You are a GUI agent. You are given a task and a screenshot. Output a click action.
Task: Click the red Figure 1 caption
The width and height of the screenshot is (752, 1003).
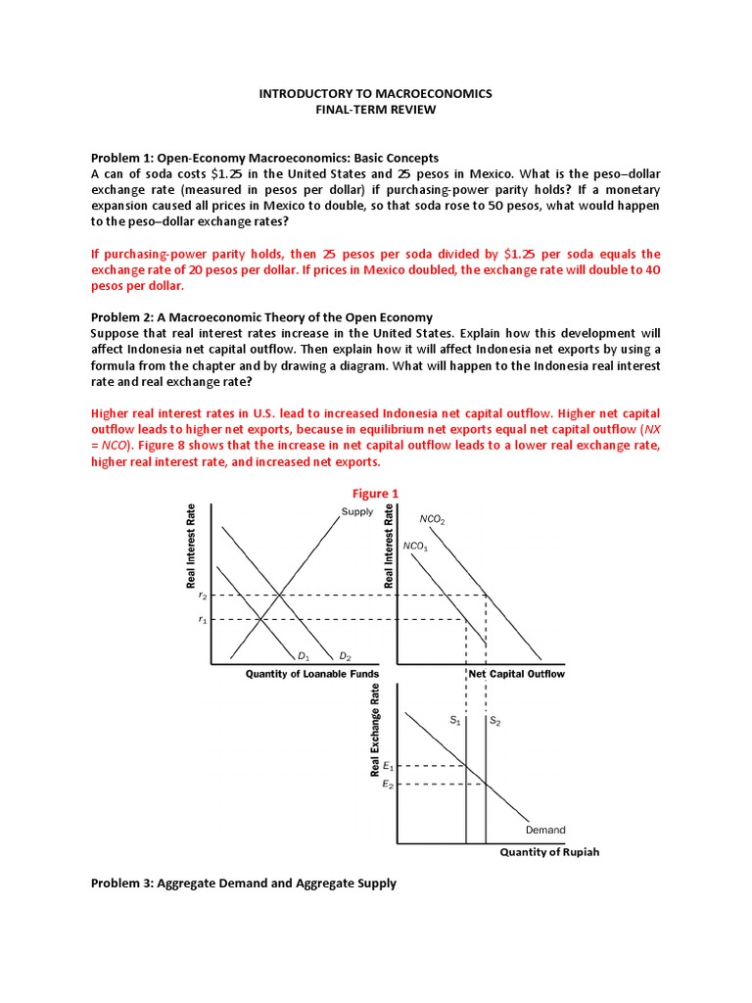click(375, 494)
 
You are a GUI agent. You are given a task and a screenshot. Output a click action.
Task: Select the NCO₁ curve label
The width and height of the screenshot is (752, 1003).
click(416, 545)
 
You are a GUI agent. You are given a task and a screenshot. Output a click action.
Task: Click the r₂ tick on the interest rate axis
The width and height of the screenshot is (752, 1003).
click(203, 596)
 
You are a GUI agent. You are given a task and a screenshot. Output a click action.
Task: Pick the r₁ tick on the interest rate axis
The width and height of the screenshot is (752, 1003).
click(203, 619)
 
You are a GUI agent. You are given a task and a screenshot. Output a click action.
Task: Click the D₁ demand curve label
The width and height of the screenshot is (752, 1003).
click(304, 655)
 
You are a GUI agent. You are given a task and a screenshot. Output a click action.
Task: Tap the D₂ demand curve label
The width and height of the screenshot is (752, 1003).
click(346, 655)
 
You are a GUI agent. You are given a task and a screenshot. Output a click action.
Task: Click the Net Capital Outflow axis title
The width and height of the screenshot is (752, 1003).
click(516, 675)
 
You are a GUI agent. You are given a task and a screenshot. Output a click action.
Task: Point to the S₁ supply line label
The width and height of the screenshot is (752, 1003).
click(455, 721)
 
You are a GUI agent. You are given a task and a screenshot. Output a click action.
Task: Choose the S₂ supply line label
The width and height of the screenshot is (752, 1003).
click(495, 721)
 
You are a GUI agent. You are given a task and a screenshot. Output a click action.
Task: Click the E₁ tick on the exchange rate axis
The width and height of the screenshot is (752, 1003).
click(389, 765)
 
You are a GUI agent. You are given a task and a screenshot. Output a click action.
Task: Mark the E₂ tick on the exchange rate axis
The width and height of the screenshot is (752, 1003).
click(389, 785)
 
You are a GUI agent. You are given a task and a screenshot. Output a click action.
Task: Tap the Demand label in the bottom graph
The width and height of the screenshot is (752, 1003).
click(545, 830)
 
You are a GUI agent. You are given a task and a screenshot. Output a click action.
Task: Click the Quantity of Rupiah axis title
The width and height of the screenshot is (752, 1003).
click(549, 852)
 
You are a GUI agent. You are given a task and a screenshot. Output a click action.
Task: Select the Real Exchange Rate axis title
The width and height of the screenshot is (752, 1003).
click(376, 732)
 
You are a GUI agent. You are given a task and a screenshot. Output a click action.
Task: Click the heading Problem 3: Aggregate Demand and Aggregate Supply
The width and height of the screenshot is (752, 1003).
click(244, 884)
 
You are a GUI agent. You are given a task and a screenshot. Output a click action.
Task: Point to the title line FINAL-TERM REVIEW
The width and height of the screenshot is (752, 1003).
click(375, 110)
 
